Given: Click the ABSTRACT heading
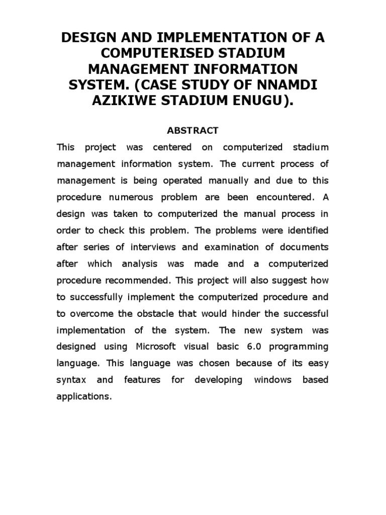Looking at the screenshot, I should coord(192,131).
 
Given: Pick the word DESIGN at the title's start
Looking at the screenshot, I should coord(89,37).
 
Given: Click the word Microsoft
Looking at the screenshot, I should coord(156,347).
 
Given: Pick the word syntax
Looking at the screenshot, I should coord(70,380).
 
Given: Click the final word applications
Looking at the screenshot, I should coord(83,396).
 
